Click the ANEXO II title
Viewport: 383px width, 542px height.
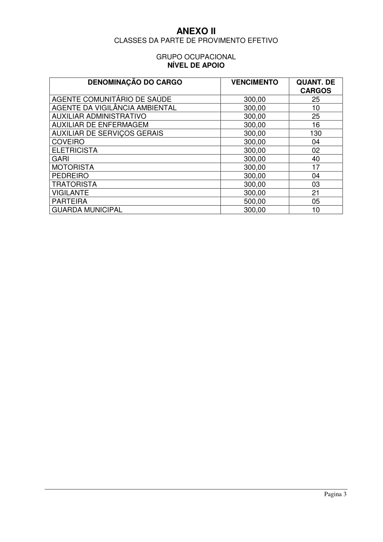click(196, 31)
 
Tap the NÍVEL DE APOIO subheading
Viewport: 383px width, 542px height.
click(196, 66)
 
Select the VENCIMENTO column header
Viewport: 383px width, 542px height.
click(254, 83)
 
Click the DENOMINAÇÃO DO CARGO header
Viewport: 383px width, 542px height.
click(135, 83)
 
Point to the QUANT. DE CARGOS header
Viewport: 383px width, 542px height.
click(315, 86)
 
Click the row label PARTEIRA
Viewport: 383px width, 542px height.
click(69, 201)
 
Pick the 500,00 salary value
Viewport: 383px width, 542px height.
click(254, 201)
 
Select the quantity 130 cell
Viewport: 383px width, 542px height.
click(316, 133)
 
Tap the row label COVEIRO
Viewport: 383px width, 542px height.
click(68, 142)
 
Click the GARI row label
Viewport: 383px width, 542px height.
click(60, 159)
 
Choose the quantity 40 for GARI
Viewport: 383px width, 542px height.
click(316, 159)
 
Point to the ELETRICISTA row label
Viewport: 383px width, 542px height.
click(74, 150)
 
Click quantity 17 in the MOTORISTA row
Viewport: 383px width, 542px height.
click(316, 167)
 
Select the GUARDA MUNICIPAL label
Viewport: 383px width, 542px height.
click(87, 210)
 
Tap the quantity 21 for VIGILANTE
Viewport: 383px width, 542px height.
click(316, 193)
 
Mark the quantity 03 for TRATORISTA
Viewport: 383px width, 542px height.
click(316, 184)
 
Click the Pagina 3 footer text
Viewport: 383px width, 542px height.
click(335, 494)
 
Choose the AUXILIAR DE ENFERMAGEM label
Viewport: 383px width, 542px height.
click(100, 125)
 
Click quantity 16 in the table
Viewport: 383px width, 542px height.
click(316, 125)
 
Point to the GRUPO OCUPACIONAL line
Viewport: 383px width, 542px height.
click(196, 57)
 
